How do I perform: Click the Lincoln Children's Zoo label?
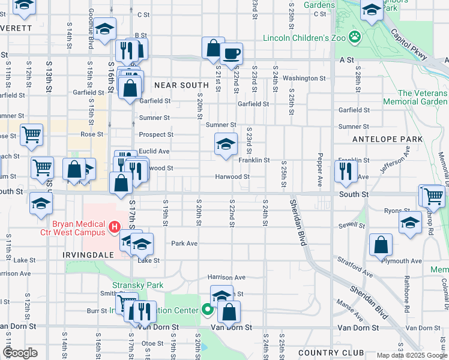click(x=305, y=38)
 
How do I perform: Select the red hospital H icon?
click(x=114, y=227)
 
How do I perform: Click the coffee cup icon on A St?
click(x=231, y=53)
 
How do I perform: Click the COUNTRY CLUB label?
click(x=331, y=352)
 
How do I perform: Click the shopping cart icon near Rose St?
click(x=31, y=135)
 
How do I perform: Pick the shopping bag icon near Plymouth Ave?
click(x=381, y=245)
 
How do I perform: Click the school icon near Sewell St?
click(x=410, y=222)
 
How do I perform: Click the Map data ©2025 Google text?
click(x=411, y=355)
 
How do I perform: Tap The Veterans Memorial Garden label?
click(x=423, y=98)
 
